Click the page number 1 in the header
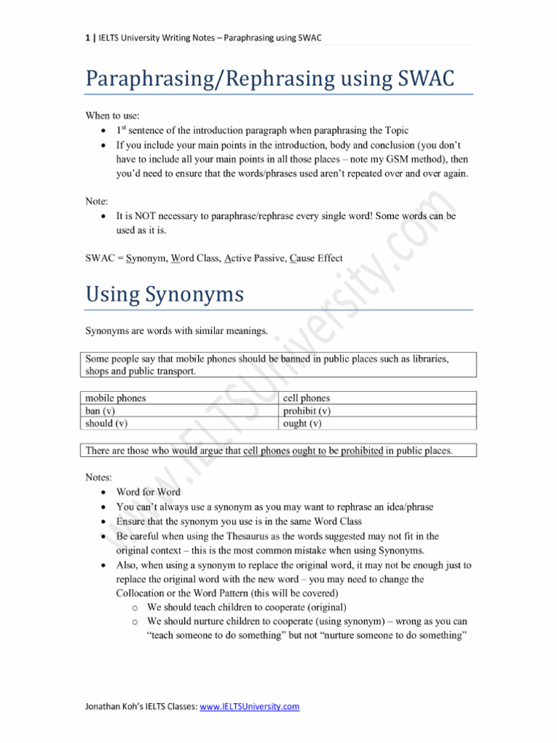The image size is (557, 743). pyautogui.click(x=88, y=38)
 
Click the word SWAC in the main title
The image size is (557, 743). pyautogui.click(x=421, y=78)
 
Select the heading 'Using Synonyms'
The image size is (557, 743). pyautogui.click(x=165, y=295)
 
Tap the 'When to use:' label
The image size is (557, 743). pyautogui.click(x=112, y=115)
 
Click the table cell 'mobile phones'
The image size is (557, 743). pyautogui.click(x=115, y=398)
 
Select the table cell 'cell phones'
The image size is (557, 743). pyautogui.click(x=306, y=398)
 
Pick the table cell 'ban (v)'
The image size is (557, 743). pyautogui.click(x=102, y=411)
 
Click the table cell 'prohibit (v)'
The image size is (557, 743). pyautogui.click(x=307, y=411)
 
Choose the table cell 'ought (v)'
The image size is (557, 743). pyautogui.click(x=302, y=423)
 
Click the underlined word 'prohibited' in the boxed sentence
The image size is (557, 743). pyautogui.click(x=358, y=451)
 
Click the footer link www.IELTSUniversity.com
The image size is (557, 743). pyautogui.click(x=249, y=706)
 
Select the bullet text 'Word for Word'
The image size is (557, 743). pyautogui.click(x=148, y=492)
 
